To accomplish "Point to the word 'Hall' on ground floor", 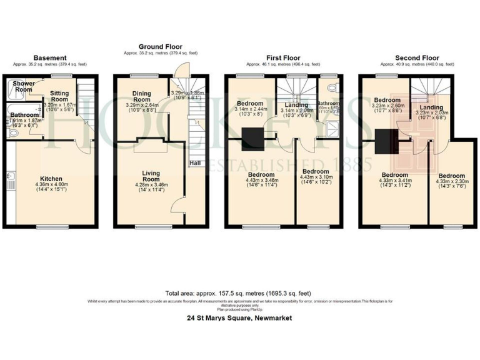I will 196,164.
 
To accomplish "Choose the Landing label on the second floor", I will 431,107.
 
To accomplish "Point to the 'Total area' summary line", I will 239,293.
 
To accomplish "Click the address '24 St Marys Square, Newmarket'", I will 239,318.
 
